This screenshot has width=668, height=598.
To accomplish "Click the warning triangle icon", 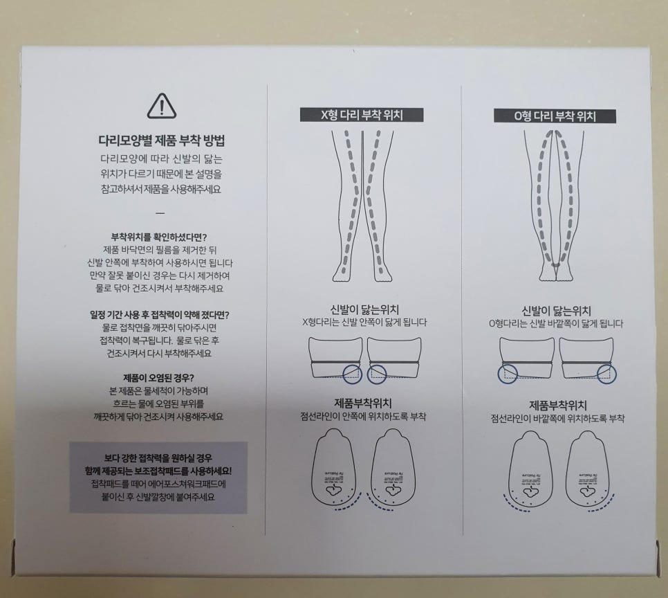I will click(162, 106).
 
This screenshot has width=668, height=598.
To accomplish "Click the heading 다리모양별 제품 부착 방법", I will click(163, 141).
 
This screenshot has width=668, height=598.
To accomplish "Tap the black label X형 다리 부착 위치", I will click(362, 116).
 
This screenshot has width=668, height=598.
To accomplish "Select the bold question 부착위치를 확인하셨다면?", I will click(160, 235).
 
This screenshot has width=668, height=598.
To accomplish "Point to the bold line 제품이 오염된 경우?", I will click(160, 378).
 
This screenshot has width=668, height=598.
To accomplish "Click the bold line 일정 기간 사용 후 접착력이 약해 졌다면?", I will click(160, 314).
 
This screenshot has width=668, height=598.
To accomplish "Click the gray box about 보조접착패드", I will click(158, 477).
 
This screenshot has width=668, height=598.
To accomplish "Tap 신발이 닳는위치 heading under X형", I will click(364, 310).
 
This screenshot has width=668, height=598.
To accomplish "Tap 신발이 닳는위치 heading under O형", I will click(556, 311).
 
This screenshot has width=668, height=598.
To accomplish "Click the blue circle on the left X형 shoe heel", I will click(352, 374).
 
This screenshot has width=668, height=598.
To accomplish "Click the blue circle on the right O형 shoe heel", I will click(604, 374).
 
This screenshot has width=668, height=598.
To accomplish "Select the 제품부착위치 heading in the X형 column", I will click(364, 404).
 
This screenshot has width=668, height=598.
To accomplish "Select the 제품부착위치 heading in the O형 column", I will click(557, 404).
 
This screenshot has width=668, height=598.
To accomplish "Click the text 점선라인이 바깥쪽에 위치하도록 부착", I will click(557, 419).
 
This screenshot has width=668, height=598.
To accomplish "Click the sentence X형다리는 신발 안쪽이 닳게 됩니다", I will click(364, 323).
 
